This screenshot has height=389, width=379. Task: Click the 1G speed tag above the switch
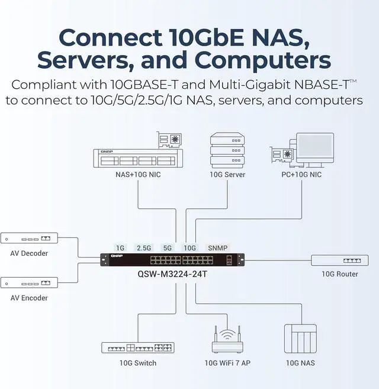click(x=121, y=247)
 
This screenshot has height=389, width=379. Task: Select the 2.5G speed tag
click(x=144, y=247)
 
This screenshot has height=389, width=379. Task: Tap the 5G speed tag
click(x=168, y=247)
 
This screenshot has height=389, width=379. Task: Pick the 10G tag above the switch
click(x=189, y=247)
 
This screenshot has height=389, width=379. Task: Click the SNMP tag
click(x=217, y=247)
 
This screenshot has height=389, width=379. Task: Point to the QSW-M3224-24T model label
click(x=171, y=274)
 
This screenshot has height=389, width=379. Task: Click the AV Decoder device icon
click(x=29, y=239)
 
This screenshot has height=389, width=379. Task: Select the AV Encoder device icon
click(x=29, y=282)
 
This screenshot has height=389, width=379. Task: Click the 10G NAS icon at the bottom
click(x=300, y=339)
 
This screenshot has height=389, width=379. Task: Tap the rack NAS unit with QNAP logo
click(x=136, y=157)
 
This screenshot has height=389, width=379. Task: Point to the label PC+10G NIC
click(x=301, y=175)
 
